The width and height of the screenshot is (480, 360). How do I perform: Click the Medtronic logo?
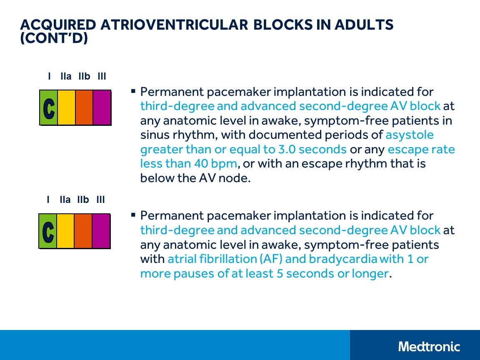429,346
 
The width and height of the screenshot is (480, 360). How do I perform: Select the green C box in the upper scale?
49,107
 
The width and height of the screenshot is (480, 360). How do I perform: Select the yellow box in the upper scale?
66,107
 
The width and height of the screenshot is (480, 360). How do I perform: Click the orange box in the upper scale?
84,107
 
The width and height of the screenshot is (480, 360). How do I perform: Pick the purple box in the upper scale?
102,107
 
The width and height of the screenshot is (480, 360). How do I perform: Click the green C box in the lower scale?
48,231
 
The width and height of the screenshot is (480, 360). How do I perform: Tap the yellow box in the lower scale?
65,231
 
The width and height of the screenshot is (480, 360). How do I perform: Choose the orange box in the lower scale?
83,231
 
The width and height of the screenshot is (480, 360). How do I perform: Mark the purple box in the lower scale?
101,231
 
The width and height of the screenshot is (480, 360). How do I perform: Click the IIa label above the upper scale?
66,77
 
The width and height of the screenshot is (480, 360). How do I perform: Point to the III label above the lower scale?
100,200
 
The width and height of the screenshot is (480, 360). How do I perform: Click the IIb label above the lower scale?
83,200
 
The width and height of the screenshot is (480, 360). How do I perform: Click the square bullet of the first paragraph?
133,91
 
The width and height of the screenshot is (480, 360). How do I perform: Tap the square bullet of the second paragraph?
133,215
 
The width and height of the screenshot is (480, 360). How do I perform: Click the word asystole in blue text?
410,135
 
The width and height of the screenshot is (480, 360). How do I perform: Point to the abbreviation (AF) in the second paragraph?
272,259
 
